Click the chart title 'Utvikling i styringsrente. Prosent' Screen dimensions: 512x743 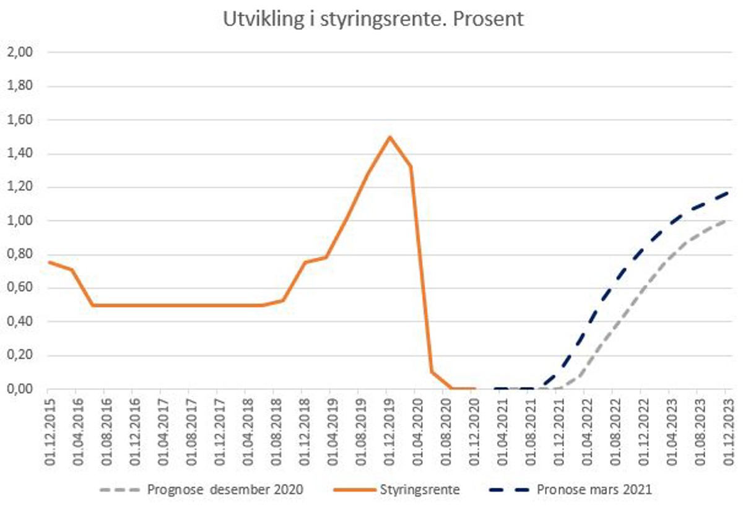pos(373,19)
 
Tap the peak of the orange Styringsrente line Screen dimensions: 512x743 pos(389,137)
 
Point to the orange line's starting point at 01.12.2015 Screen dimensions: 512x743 pos(48,262)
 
